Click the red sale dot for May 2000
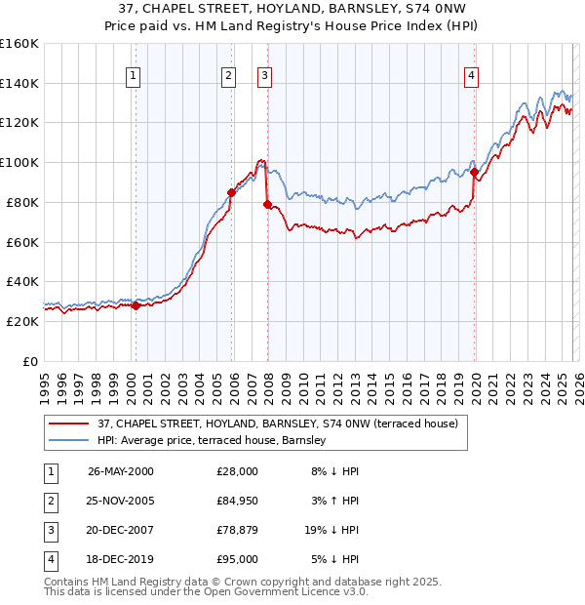[136, 305]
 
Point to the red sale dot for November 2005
[231, 192]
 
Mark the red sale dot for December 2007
[267, 204]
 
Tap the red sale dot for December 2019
[475, 173]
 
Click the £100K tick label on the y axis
[19, 162]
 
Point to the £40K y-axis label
[21, 281]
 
